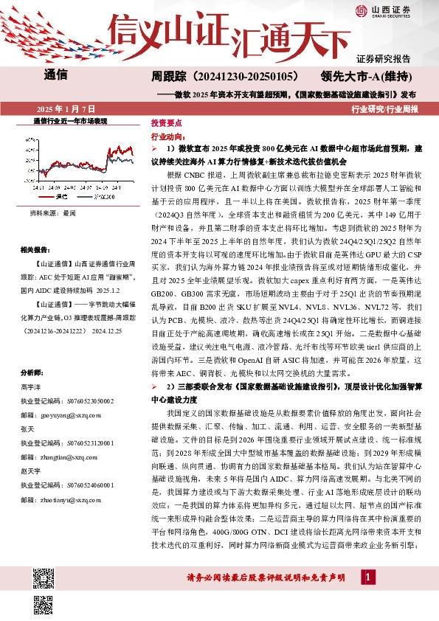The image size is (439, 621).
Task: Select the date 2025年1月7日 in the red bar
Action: click(x=61, y=108)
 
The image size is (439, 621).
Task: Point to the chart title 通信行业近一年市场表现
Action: click(x=71, y=120)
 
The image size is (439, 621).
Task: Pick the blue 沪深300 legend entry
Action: click(x=100, y=196)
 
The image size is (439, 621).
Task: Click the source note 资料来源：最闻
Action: click(x=53, y=212)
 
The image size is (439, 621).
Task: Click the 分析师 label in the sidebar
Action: click(x=32, y=372)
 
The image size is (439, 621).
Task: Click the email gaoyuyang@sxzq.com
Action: click(x=67, y=417)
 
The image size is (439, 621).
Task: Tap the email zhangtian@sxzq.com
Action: click(x=66, y=457)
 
